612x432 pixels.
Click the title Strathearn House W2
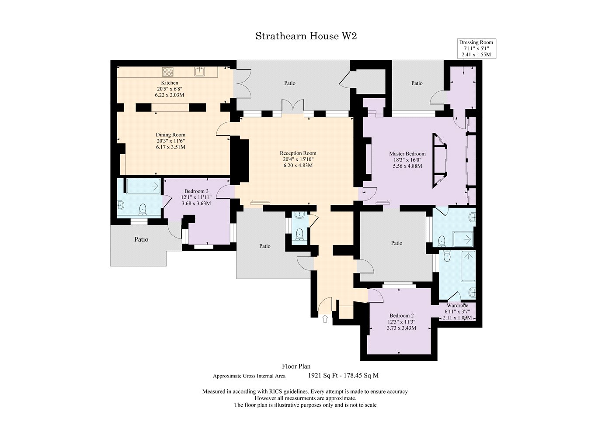306,36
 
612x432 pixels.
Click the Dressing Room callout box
476,48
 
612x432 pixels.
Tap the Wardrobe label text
457,306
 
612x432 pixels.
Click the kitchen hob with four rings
168,72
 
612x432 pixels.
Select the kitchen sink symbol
200,71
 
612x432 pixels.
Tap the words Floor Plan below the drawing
296,366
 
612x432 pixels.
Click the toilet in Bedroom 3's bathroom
143,209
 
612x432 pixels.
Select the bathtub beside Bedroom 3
143,187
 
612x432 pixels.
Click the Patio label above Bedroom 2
396,243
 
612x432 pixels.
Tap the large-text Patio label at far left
141,239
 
